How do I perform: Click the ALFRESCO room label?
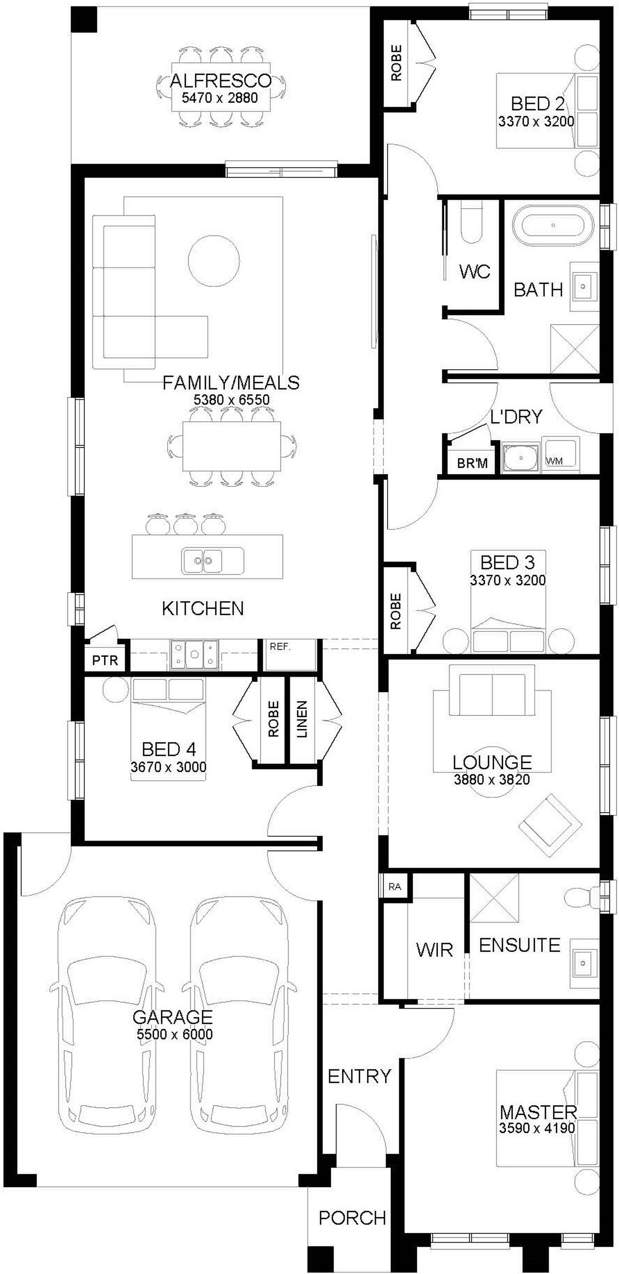click(x=220, y=81)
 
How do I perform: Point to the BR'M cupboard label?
click(x=472, y=463)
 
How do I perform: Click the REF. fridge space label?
click(x=280, y=646)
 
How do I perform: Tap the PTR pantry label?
click(x=105, y=660)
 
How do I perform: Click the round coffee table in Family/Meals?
click(x=214, y=260)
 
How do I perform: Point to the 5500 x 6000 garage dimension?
click(x=175, y=1034)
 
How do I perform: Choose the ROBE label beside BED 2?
click(x=396, y=63)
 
